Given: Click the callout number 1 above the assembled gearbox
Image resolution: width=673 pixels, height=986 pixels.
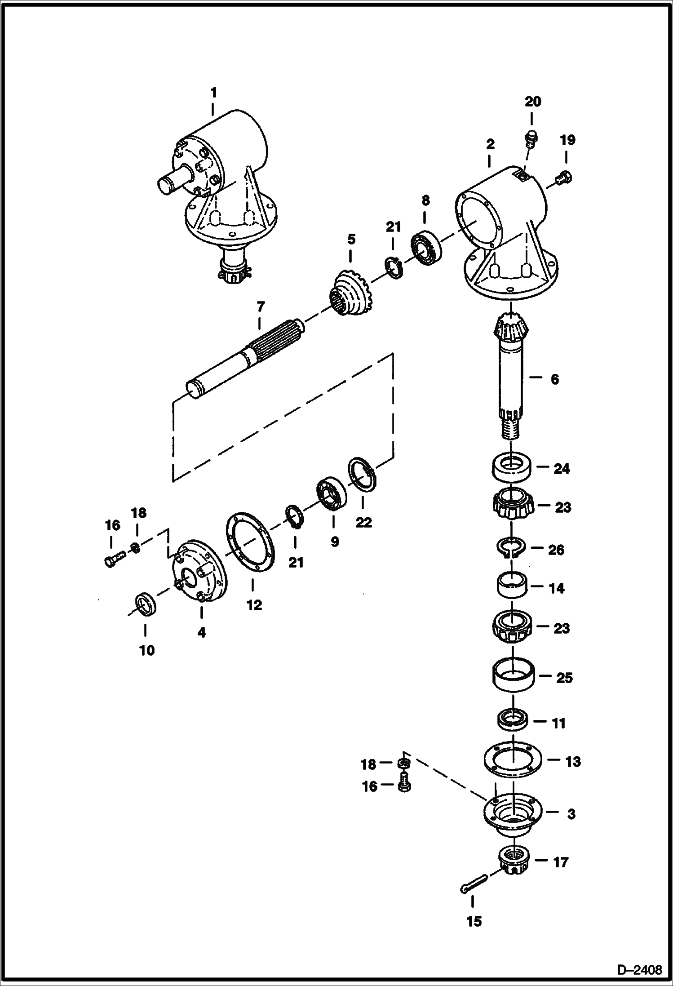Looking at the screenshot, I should (214, 93).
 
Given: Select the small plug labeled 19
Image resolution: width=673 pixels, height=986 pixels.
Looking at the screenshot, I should (563, 178).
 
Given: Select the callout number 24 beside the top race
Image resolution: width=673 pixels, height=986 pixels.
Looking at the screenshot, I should (562, 469).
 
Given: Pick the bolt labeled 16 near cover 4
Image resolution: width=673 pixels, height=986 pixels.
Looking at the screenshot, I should (114, 560).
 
